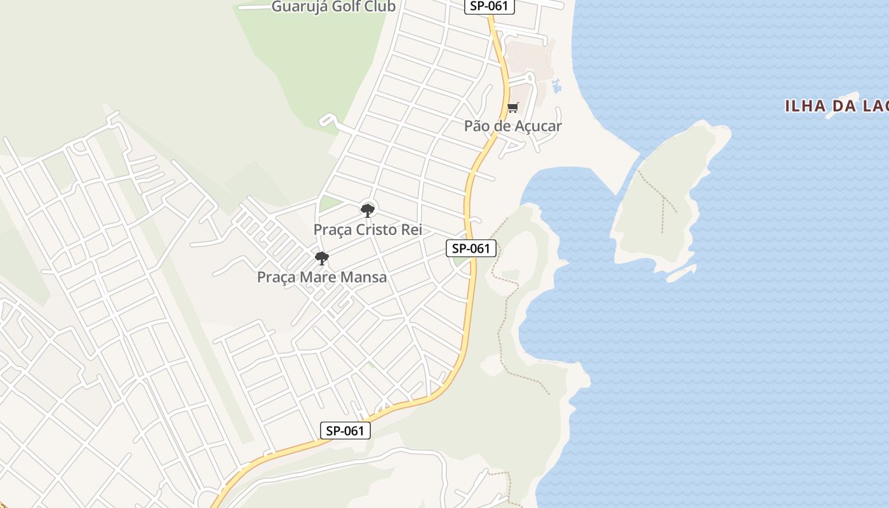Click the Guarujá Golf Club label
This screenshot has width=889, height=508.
(333, 7)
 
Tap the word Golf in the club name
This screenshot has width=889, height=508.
(344, 7)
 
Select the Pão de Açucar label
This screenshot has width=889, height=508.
(512, 126)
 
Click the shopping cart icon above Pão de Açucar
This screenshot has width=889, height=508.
(512, 107)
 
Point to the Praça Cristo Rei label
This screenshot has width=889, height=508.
(368, 229)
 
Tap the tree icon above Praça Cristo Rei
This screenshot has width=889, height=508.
(367, 210)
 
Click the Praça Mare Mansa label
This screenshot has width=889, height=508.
(321, 277)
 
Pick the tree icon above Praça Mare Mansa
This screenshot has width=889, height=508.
(322, 258)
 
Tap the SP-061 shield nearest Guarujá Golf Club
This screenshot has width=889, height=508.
(488, 6)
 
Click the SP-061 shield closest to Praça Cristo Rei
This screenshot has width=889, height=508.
(471, 248)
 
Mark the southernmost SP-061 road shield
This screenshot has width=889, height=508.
(345, 431)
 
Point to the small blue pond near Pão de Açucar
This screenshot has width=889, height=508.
(557, 86)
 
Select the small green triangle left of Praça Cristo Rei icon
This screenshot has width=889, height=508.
(329, 204)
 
